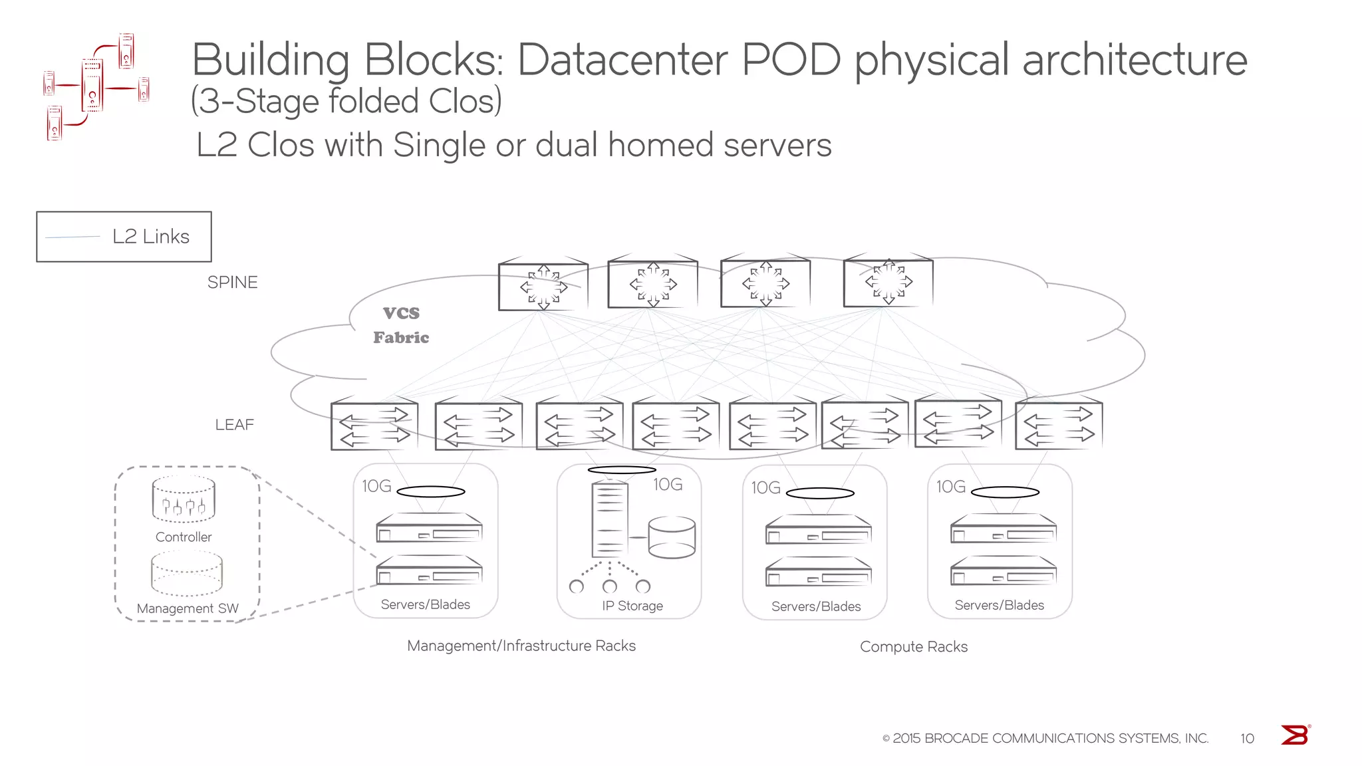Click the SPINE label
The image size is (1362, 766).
pyautogui.click(x=232, y=283)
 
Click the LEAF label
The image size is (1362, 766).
pyautogui.click(x=234, y=425)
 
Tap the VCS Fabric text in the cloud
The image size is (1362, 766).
pyautogui.click(x=401, y=325)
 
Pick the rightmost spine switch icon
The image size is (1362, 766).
pyautogui.click(x=888, y=283)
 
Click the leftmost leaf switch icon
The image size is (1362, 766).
pyautogui.click(x=374, y=426)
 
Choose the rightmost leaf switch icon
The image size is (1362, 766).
pyautogui.click(x=1059, y=426)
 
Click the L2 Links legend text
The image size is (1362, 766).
pyautogui.click(x=151, y=237)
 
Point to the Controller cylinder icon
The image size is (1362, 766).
pyautogui.click(x=184, y=499)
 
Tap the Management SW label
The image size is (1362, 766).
pyautogui.click(x=188, y=608)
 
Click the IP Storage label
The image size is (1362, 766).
pyautogui.click(x=632, y=606)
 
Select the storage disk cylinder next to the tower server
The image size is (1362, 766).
pyautogui.click(x=672, y=537)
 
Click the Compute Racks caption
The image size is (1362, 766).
pyautogui.click(x=913, y=647)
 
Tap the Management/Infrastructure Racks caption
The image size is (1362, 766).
pyautogui.click(x=521, y=646)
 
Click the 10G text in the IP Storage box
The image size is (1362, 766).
pyautogui.click(x=668, y=485)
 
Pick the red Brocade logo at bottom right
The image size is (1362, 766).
pyautogui.click(x=1295, y=735)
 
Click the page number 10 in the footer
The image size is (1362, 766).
pyautogui.click(x=1247, y=739)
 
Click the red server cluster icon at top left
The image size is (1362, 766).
pyautogui.click(x=95, y=86)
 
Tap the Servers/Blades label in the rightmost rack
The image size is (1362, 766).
pyautogui.click(x=999, y=605)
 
